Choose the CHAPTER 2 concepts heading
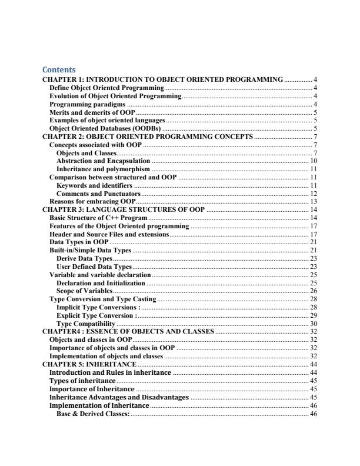coord(148,137)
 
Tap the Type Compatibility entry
coord(85,324)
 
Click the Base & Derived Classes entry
coord(94,414)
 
